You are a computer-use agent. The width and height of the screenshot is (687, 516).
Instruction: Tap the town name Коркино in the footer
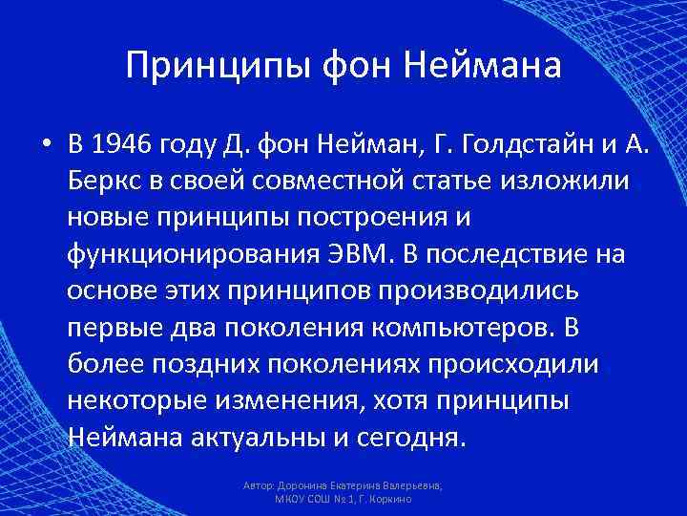pos(390,500)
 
